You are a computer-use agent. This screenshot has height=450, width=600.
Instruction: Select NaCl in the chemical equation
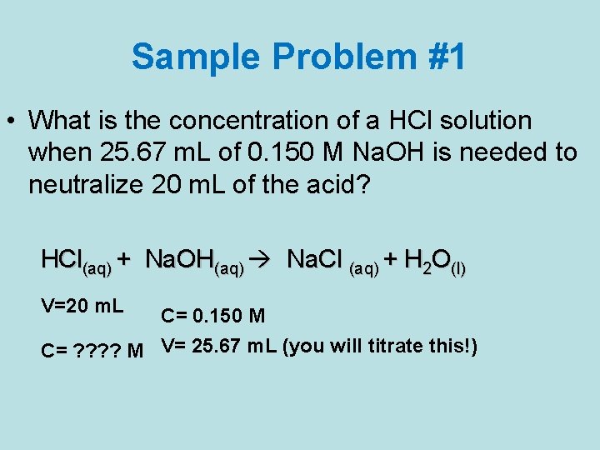[x=315, y=261]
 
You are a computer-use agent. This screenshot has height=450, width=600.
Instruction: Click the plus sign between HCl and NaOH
[x=123, y=261]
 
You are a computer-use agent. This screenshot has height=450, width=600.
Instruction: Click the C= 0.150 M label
[x=213, y=316]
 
